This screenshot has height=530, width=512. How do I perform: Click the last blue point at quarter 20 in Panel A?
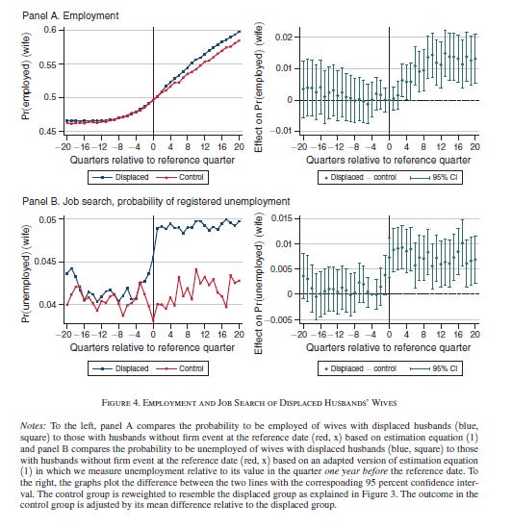click(x=240, y=32)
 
